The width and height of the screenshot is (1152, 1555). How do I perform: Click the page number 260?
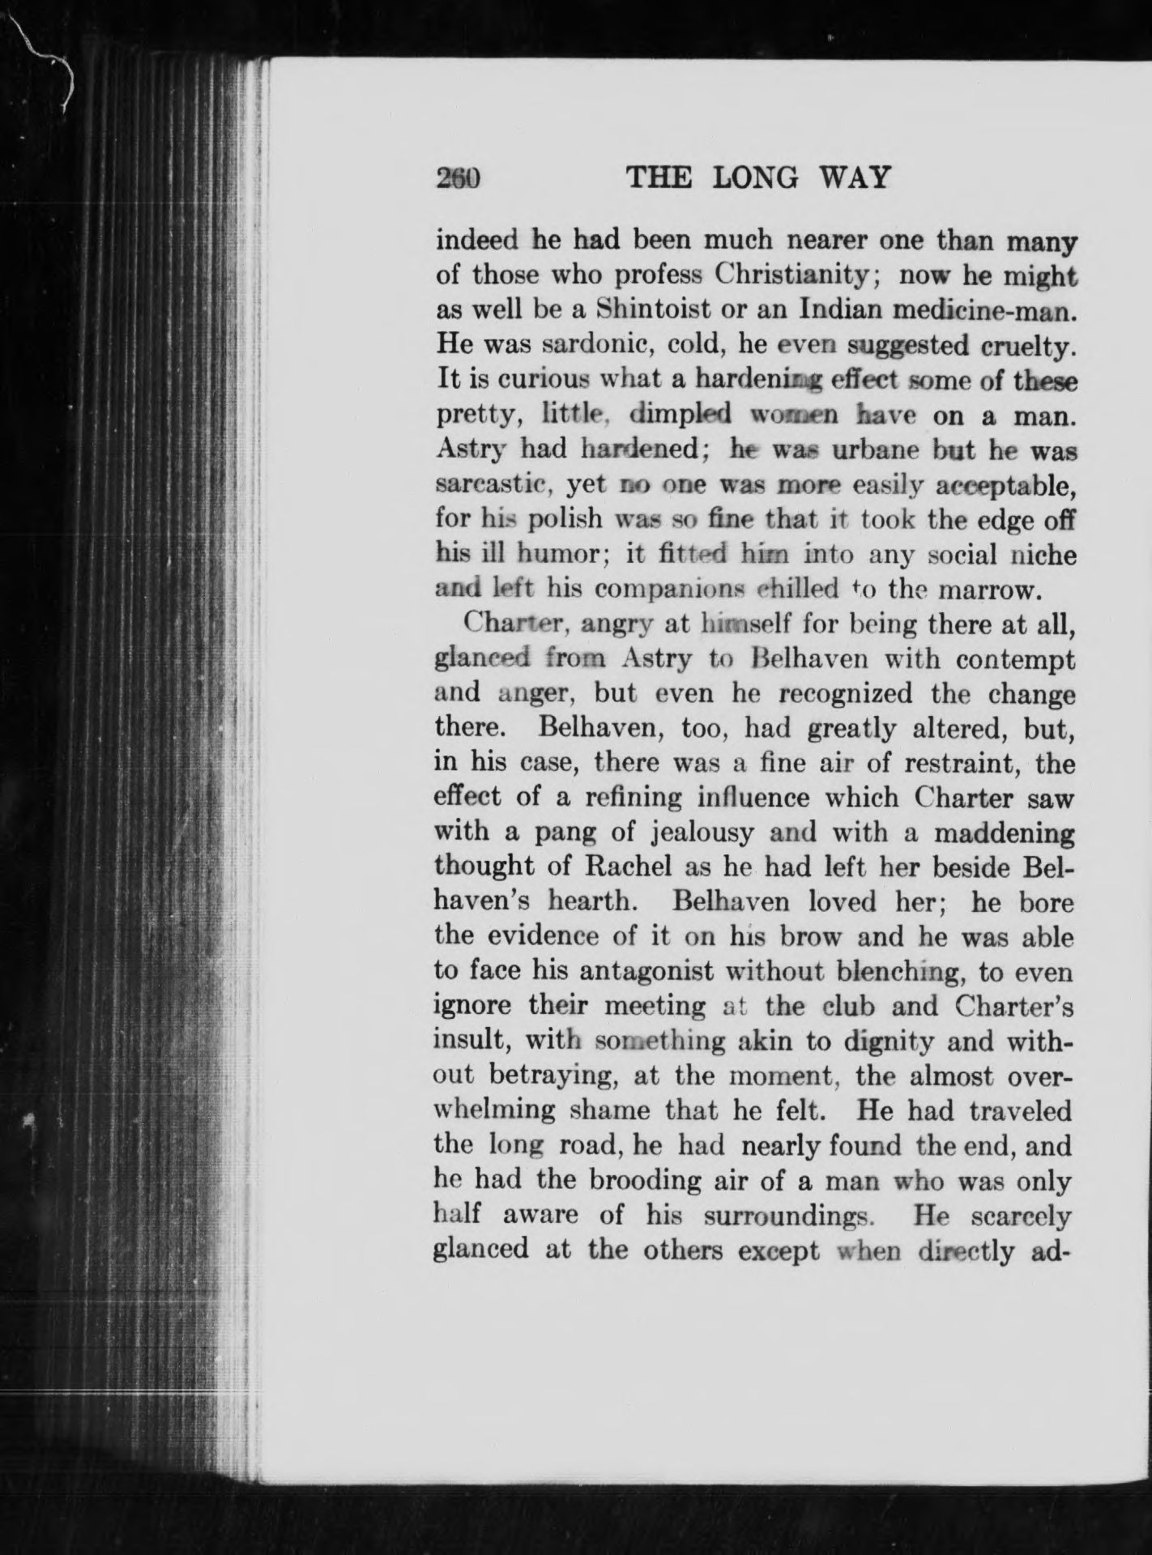[x=459, y=178]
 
